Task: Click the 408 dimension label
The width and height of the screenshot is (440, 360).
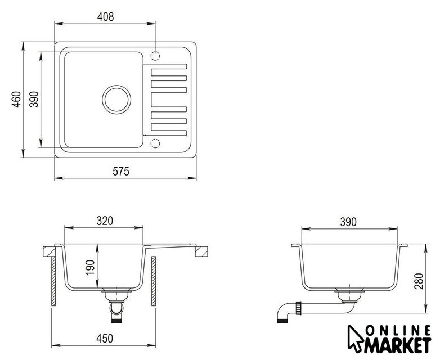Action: click(106, 17)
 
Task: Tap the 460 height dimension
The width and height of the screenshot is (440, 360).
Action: click(16, 100)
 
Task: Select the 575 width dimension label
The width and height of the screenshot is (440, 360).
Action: click(121, 171)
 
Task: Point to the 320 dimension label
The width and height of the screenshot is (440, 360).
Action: click(105, 221)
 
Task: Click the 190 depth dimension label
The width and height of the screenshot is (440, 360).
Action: click(91, 268)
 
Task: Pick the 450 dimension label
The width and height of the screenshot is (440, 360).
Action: click(105, 339)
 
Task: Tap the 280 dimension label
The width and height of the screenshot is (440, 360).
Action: click(419, 281)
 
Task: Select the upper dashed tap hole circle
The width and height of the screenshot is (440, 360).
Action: click(155, 56)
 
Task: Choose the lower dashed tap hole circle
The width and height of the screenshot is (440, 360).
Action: click(155, 143)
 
